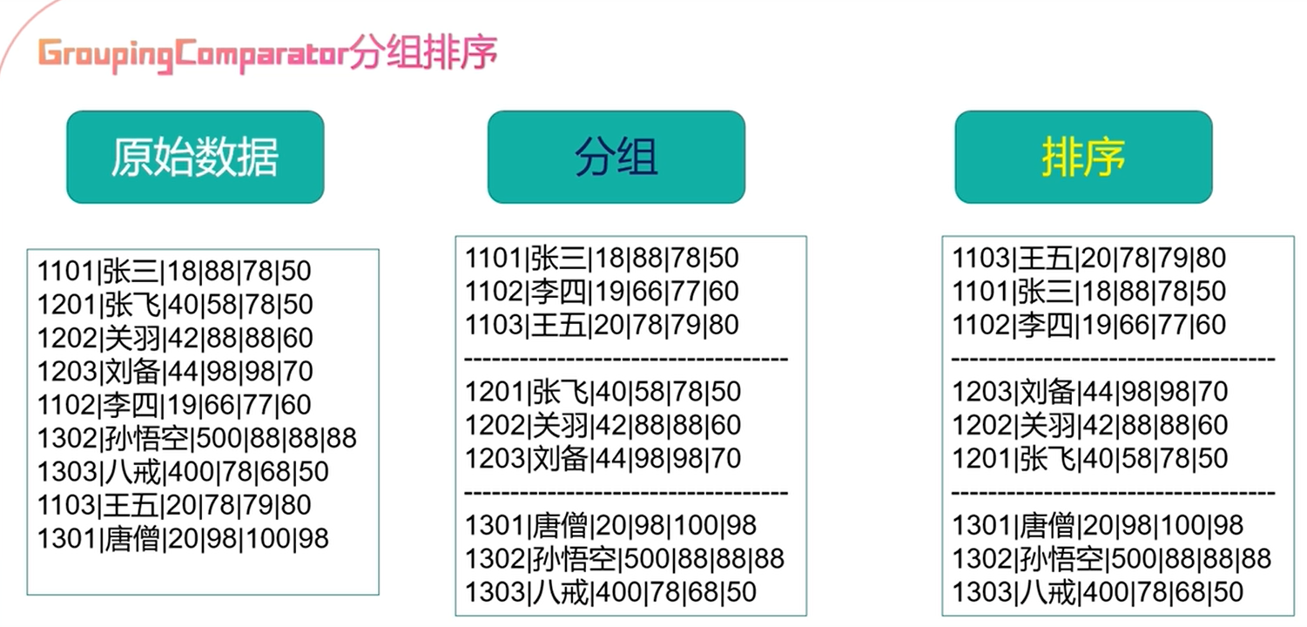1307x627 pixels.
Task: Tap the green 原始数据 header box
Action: (x=195, y=158)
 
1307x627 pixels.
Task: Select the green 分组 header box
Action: (x=616, y=158)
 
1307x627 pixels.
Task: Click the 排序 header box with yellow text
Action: (x=1083, y=158)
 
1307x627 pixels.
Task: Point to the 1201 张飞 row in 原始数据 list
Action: (x=174, y=305)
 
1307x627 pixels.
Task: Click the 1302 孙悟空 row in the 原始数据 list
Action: (x=197, y=438)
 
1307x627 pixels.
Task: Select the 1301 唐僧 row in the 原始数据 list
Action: (x=183, y=539)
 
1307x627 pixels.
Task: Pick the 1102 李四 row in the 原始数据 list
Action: (x=174, y=405)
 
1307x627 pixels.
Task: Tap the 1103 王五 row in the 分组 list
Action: (x=602, y=325)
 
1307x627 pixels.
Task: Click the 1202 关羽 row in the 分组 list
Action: (x=602, y=425)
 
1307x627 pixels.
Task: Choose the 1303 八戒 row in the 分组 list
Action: (x=610, y=592)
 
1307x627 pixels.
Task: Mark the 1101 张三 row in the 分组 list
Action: (x=602, y=258)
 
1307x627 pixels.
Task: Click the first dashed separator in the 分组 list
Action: (x=626, y=359)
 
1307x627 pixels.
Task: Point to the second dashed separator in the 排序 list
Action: (x=1113, y=493)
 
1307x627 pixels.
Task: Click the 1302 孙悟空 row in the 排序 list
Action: (x=1111, y=558)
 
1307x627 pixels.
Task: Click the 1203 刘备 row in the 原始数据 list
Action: (x=174, y=372)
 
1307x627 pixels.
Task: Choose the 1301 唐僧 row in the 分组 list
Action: (x=610, y=525)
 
